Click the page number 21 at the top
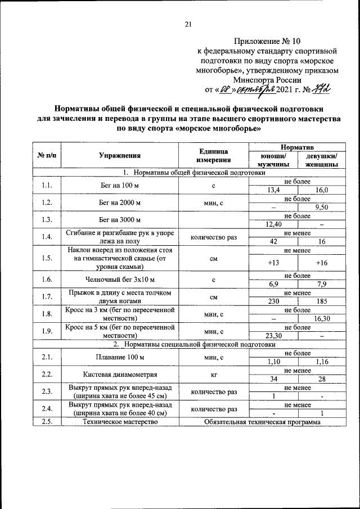[x=188, y=23]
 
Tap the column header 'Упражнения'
[x=119, y=156]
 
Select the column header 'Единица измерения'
[x=213, y=156]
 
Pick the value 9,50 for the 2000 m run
[x=321, y=208]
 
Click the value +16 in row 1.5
[x=321, y=263]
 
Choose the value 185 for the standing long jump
[x=321, y=301]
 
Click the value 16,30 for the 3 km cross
[x=321, y=318]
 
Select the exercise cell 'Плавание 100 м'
[x=119, y=357]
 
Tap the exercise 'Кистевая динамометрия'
[x=119, y=375]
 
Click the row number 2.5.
[x=47, y=421]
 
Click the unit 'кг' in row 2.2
[x=213, y=375]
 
